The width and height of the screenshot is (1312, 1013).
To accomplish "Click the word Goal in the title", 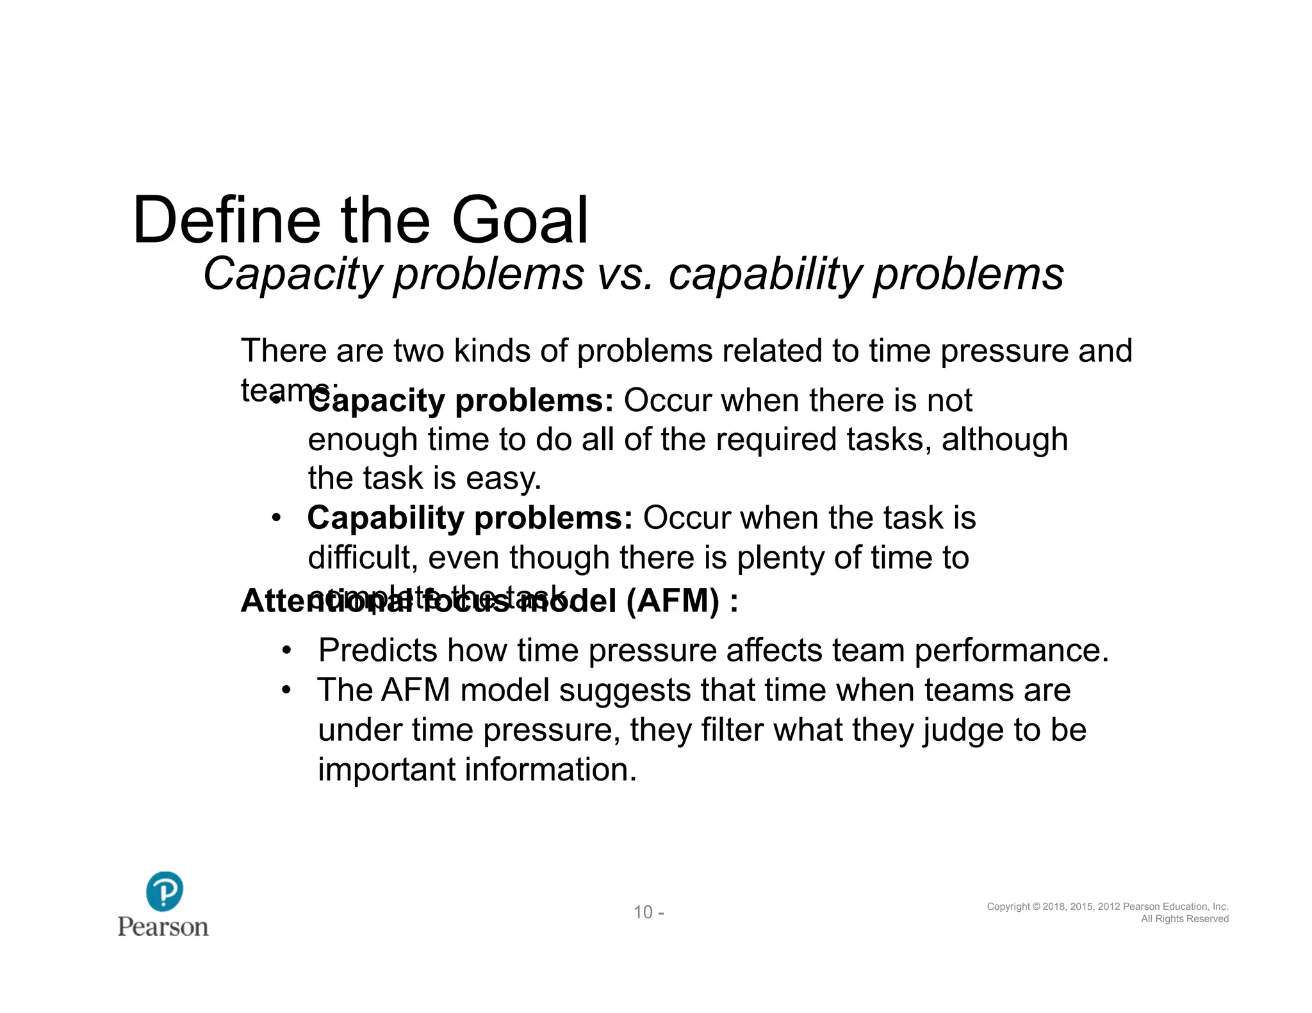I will coord(520,221).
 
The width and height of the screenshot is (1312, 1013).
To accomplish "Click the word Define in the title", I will coord(226,221).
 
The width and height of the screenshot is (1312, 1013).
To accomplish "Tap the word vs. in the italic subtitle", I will coord(624,274).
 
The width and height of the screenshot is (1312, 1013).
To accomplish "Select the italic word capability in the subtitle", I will coord(765,274).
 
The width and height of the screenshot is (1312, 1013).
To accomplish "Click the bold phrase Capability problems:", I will coord(470,518).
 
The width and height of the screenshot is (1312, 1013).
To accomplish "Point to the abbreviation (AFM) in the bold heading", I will coord(673,601).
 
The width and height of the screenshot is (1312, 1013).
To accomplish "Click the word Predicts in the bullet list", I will coord(377,651).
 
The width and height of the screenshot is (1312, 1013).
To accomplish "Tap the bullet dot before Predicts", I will coord(286,651).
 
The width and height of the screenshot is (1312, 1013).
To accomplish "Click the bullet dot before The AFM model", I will coord(286,690).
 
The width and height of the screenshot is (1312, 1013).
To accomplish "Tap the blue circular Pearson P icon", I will coord(165,891).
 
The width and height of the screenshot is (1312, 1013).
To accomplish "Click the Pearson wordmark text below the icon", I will coord(163,927).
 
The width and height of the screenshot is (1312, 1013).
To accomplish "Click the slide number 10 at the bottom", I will coord(643,912).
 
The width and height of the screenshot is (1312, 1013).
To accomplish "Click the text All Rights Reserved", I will coord(1185,919).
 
